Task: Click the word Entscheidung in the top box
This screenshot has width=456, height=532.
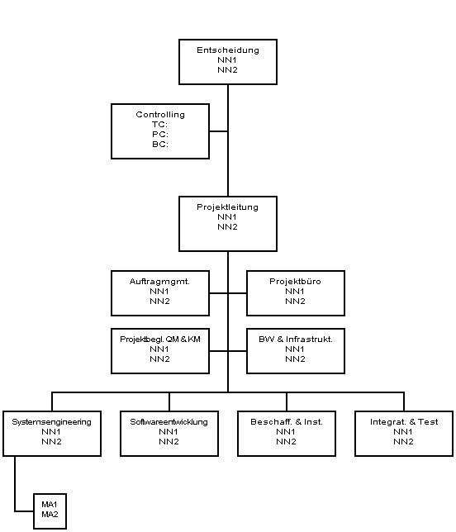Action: (x=228, y=50)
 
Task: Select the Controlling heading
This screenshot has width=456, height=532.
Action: (x=160, y=115)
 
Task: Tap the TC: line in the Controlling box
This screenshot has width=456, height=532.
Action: (x=159, y=125)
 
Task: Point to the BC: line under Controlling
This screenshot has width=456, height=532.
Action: (x=160, y=145)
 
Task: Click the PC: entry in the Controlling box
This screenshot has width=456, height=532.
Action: (x=160, y=135)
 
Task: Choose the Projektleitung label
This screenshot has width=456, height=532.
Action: (x=228, y=207)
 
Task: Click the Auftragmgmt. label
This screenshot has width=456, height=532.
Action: (x=159, y=282)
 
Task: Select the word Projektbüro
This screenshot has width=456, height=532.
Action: (x=295, y=281)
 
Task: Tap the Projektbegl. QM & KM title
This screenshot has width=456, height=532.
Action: (x=160, y=340)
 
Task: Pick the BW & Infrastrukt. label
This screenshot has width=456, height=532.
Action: (x=296, y=340)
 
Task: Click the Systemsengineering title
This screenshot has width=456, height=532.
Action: (x=51, y=422)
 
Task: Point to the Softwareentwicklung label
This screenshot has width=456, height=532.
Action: (x=169, y=422)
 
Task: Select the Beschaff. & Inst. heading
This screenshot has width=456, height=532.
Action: (x=287, y=422)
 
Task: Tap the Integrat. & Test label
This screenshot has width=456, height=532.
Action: (x=404, y=422)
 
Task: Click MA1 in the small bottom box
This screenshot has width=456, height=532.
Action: (x=50, y=505)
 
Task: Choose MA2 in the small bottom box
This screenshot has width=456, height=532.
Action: (x=50, y=515)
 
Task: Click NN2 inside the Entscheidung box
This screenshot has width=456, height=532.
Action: (x=227, y=70)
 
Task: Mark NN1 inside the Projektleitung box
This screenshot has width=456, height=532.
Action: (x=227, y=217)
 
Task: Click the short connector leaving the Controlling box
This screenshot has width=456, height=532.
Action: (x=218, y=131)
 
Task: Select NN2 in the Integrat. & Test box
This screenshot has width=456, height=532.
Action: (x=403, y=442)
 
